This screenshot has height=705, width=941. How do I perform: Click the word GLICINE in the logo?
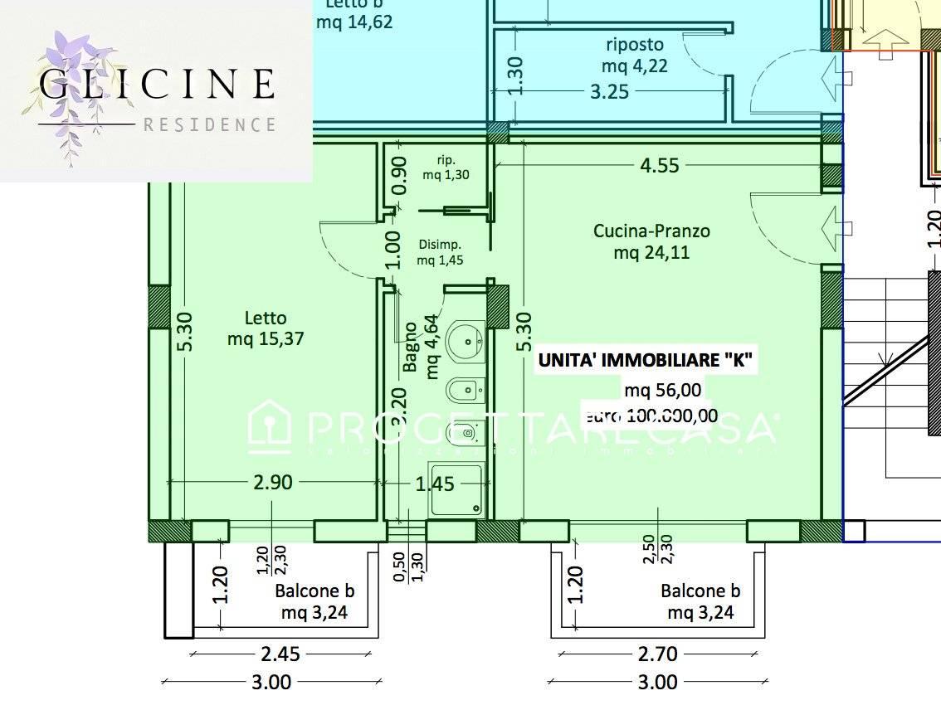tap(157, 84)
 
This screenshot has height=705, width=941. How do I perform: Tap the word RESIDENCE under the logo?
tap(209, 125)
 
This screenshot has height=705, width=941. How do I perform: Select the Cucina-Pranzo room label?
tap(651, 231)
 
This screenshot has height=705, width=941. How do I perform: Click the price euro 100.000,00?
tap(651, 415)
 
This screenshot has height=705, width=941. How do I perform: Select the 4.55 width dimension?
tap(659, 165)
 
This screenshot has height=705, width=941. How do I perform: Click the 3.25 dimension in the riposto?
tap(609, 91)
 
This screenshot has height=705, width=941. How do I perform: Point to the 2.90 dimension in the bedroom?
tap(272, 482)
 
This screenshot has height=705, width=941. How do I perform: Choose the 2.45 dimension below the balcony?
tap(281, 654)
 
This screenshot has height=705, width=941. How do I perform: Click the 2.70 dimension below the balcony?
tap(657, 654)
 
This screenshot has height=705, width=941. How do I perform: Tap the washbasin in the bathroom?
tap(465, 341)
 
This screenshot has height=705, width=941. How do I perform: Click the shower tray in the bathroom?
tap(456, 489)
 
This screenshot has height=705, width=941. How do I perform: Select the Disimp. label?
tap(439, 246)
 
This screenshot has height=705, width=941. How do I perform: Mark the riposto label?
tap(634, 44)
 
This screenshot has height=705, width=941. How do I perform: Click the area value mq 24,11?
tap(651, 252)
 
